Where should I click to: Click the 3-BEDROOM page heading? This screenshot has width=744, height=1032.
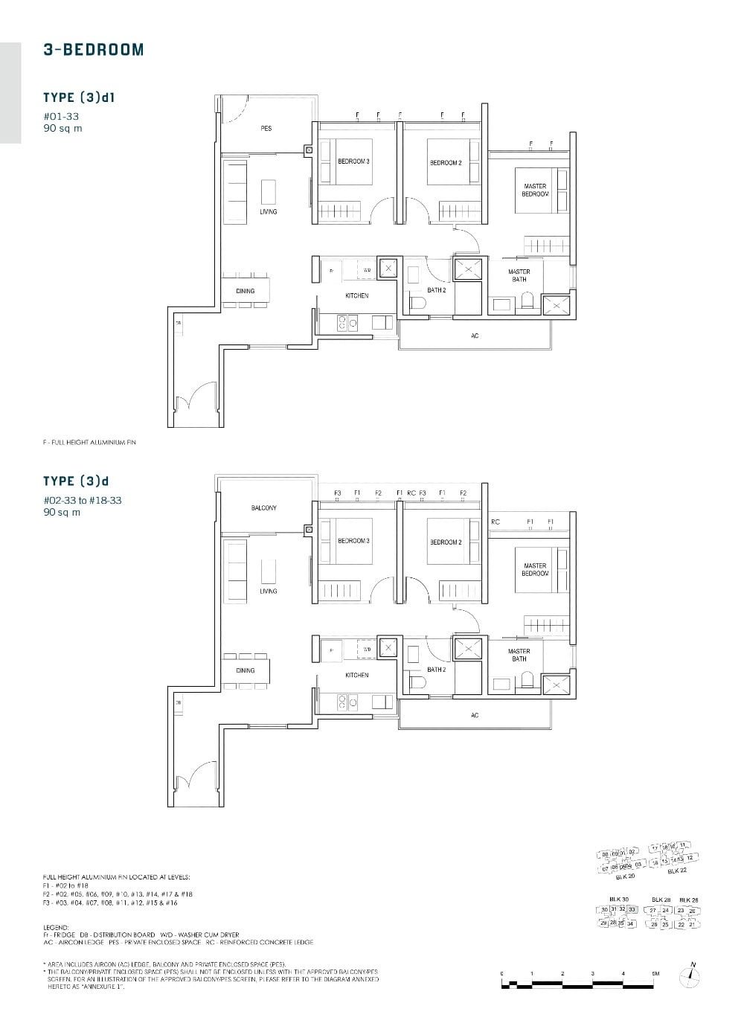pyautogui.click(x=93, y=50)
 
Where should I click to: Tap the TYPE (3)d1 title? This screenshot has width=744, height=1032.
pyautogui.click(x=78, y=97)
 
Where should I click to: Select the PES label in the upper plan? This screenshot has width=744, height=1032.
pyautogui.click(x=266, y=129)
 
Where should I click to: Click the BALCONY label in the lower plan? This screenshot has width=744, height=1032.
pyautogui.click(x=263, y=508)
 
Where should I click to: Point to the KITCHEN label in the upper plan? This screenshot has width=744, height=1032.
pyautogui.click(x=356, y=296)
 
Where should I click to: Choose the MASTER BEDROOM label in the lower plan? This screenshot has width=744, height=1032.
pyautogui.click(x=535, y=570)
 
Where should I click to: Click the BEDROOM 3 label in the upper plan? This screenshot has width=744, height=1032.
pyautogui.click(x=353, y=162)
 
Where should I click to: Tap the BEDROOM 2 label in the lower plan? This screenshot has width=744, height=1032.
pyautogui.click(x=445, y=542)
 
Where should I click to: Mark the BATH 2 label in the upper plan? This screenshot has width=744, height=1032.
pyautogui.click(x=437, y=290)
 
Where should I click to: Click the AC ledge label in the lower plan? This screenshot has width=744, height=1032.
pyautogui.click(x=475, y=716)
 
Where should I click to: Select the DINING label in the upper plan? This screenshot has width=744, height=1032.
pyautogui.click(x=245, y=291)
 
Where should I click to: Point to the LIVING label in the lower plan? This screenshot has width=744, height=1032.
pyautogui.click(x=269, y=592)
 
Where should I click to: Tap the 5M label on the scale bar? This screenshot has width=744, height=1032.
pyautogui.click(x=655, y=973)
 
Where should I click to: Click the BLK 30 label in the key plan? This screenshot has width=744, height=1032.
pyautogui.click(x=618, y=900)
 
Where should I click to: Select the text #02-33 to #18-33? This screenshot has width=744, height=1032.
pyautogui.click(x=83, y=501)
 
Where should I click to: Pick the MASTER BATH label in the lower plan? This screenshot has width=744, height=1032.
pyautogui.click(x=519, y=655)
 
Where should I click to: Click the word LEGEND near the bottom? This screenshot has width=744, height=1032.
pyautogui.click(x=56, y=928)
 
